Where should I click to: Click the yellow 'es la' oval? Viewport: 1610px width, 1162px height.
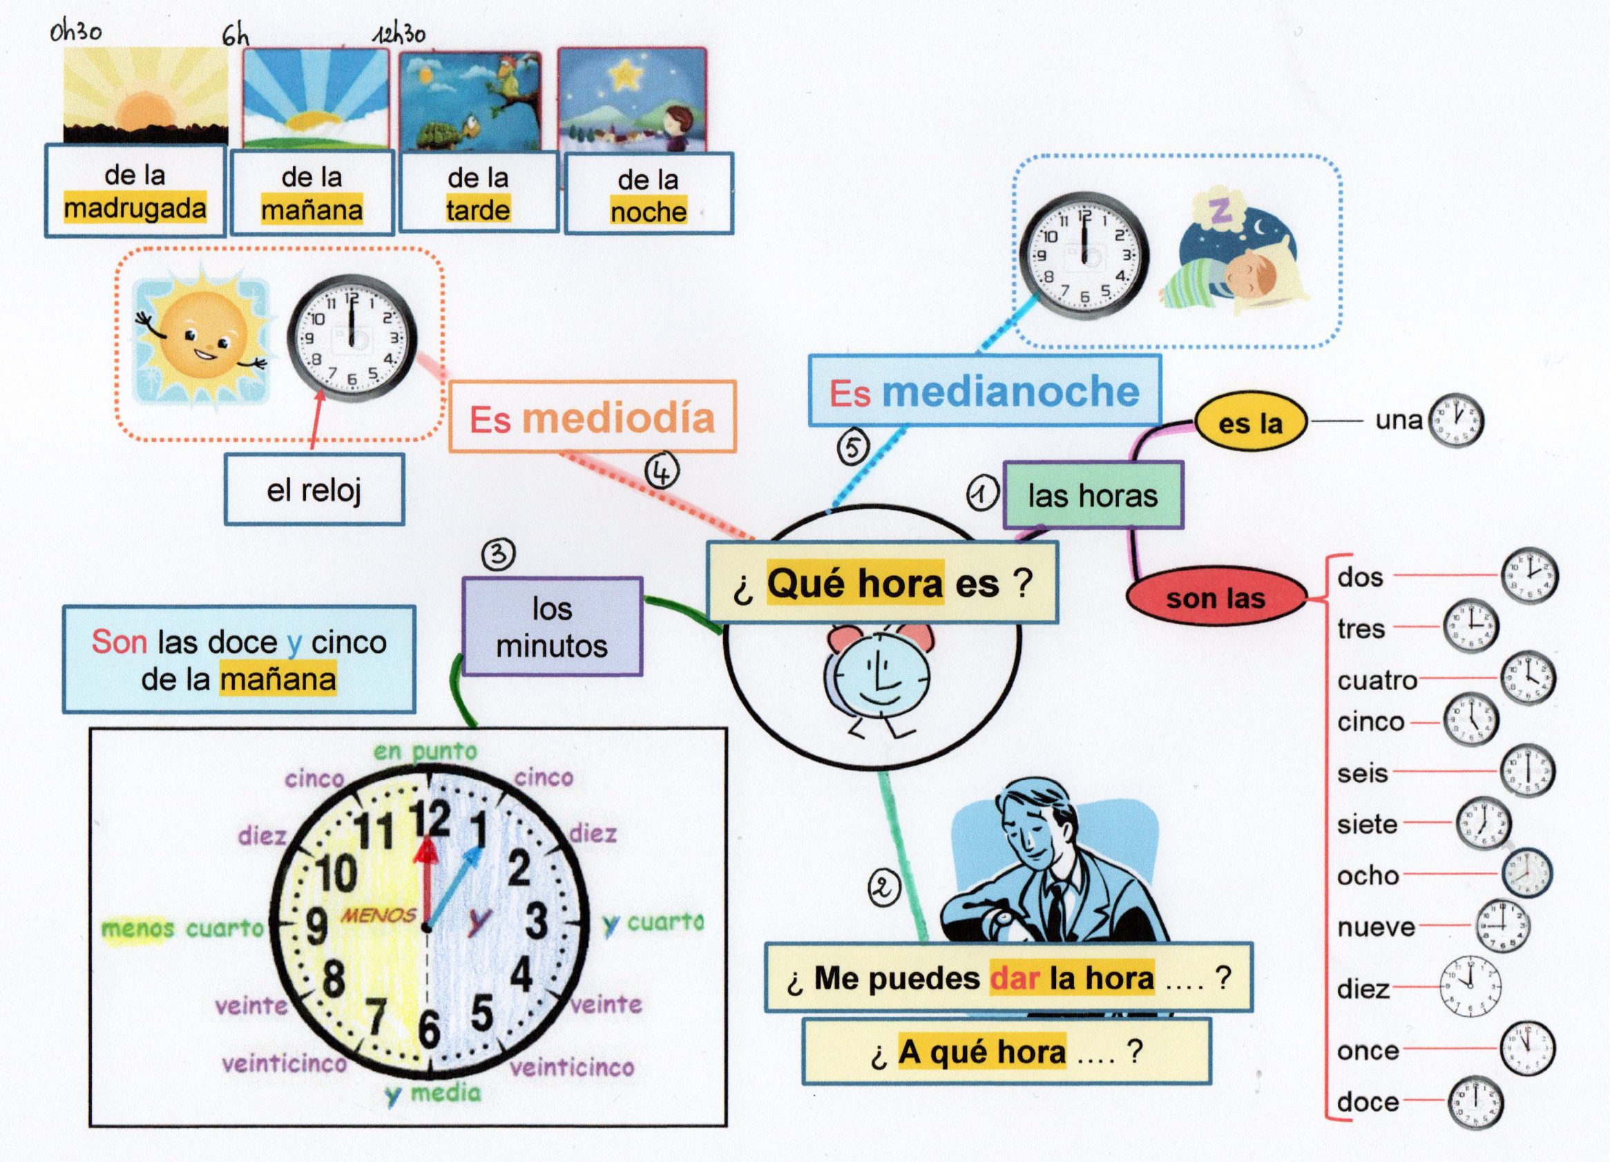(x=1250, y=423)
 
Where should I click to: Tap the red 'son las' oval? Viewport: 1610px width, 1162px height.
(x=1216, y=598)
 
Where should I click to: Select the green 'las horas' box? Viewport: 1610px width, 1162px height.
(x=1093, y=495)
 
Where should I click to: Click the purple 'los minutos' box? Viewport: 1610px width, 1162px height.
(x=552, y=627)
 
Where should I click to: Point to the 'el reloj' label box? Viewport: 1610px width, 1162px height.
(x=314, y=490)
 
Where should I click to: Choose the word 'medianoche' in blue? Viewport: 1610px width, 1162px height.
(x=1010, y=392)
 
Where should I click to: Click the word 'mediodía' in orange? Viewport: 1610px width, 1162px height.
(x=618, y=419)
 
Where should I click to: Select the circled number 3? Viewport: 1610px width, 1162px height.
(x=499, y=553)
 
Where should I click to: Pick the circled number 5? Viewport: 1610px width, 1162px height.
(x=853, y=447)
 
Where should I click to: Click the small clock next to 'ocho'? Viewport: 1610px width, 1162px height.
(x=1527, y=874)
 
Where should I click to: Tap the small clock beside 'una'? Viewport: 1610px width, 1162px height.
(x=1455, y=421)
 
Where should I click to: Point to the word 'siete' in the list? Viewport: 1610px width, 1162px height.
(x=1366, y=824)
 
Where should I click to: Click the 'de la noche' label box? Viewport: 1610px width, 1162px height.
(x=648, y=196)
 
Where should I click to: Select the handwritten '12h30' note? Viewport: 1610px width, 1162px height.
(x=401, y=34)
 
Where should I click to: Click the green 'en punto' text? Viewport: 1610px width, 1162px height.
(x=425, y=750)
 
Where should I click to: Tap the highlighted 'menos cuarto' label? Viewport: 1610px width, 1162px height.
(x=182, y=928)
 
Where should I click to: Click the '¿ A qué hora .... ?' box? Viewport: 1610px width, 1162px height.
(x=1006, y=1052)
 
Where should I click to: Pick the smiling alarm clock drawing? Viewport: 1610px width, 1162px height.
(x=878, y=680)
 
